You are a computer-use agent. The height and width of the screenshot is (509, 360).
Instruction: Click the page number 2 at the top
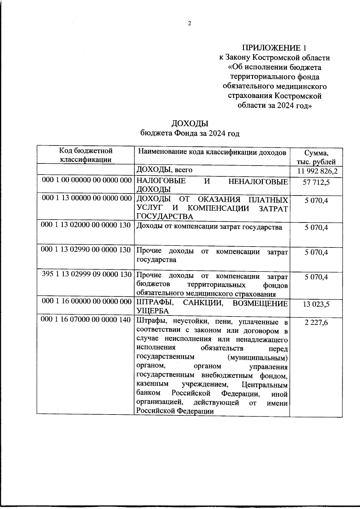[x=189, y=24]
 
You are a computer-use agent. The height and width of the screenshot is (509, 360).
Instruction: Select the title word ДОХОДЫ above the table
[x=190, y=124]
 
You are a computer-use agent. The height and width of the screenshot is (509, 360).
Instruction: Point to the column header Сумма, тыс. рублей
[x=316, y=158]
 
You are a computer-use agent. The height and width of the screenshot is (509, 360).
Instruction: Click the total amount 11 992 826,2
[x=317, y=172]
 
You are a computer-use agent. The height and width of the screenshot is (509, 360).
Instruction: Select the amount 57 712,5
[x=316, y=182]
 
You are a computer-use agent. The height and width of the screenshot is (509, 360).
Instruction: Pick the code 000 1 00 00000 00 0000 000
[x=87, y=180]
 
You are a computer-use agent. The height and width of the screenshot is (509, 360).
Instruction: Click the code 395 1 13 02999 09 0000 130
[x=87, y=274]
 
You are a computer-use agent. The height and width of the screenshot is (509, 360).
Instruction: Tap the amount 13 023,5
[x=316, y=304]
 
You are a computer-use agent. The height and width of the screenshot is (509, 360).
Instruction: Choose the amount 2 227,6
[x=316, y=322]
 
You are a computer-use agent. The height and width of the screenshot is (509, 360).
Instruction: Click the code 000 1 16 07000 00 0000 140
[x=86, y=320]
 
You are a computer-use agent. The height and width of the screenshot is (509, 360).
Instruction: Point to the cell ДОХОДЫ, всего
[x=164, y=170]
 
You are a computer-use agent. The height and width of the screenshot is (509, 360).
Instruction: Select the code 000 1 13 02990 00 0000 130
[x=86, y=250]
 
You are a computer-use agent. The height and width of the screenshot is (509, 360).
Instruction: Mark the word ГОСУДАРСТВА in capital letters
[x=165, y=217]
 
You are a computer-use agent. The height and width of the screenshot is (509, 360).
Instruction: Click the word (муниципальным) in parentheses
[x=257, y=358]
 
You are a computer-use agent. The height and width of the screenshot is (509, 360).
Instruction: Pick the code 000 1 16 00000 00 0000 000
[x=87, y=301]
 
